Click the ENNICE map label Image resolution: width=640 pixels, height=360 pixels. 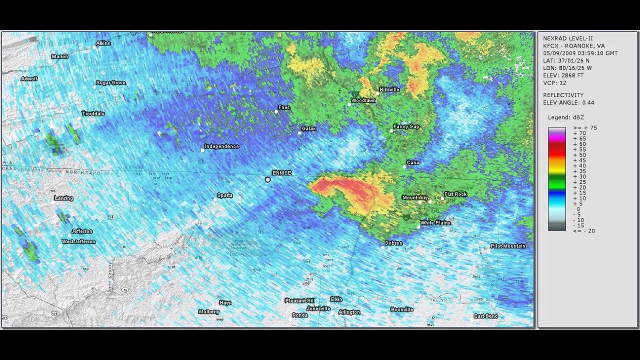coord(281,173)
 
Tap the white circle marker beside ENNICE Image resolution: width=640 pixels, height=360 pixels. coord(268,179)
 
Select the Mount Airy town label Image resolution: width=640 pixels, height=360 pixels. coord(415,197)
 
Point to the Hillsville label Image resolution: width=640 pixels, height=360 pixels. coord(389,89)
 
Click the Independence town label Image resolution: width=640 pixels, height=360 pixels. coord(221,146)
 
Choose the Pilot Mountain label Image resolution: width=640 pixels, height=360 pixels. coord(508,246)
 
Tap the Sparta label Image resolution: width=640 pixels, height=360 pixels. coord(224,195)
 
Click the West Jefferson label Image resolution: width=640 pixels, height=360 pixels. coord(78,241)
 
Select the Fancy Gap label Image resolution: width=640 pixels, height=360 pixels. coord(406,127)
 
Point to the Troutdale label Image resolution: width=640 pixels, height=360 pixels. coord(93,114)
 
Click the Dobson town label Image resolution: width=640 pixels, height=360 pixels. coord(393,243)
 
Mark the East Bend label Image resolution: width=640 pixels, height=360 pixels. coord(485,316)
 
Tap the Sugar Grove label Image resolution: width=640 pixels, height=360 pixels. coord(110,83)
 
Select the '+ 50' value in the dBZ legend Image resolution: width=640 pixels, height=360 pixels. coord(579,155)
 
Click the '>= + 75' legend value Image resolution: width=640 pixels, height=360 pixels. coord(584,128)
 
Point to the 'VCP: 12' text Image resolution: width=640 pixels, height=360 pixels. coord(554,83)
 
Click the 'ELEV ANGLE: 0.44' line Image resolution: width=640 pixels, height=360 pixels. coord(568,102)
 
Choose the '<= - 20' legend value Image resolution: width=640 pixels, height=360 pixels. coord(583,231)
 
